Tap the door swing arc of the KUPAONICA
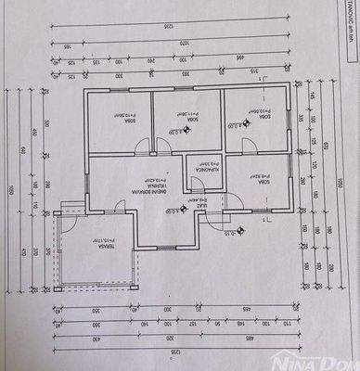(x=192, y=159)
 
